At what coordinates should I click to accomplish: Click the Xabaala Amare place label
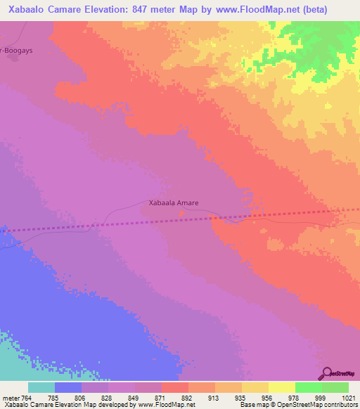[x=174, y=203]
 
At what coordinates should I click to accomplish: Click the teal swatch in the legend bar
[x=41, y=387]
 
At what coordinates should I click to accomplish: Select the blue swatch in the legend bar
[x=68, y=387]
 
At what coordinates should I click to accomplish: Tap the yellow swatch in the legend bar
[x=281, y=387]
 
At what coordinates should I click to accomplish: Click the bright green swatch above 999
[x=308, y=387]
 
